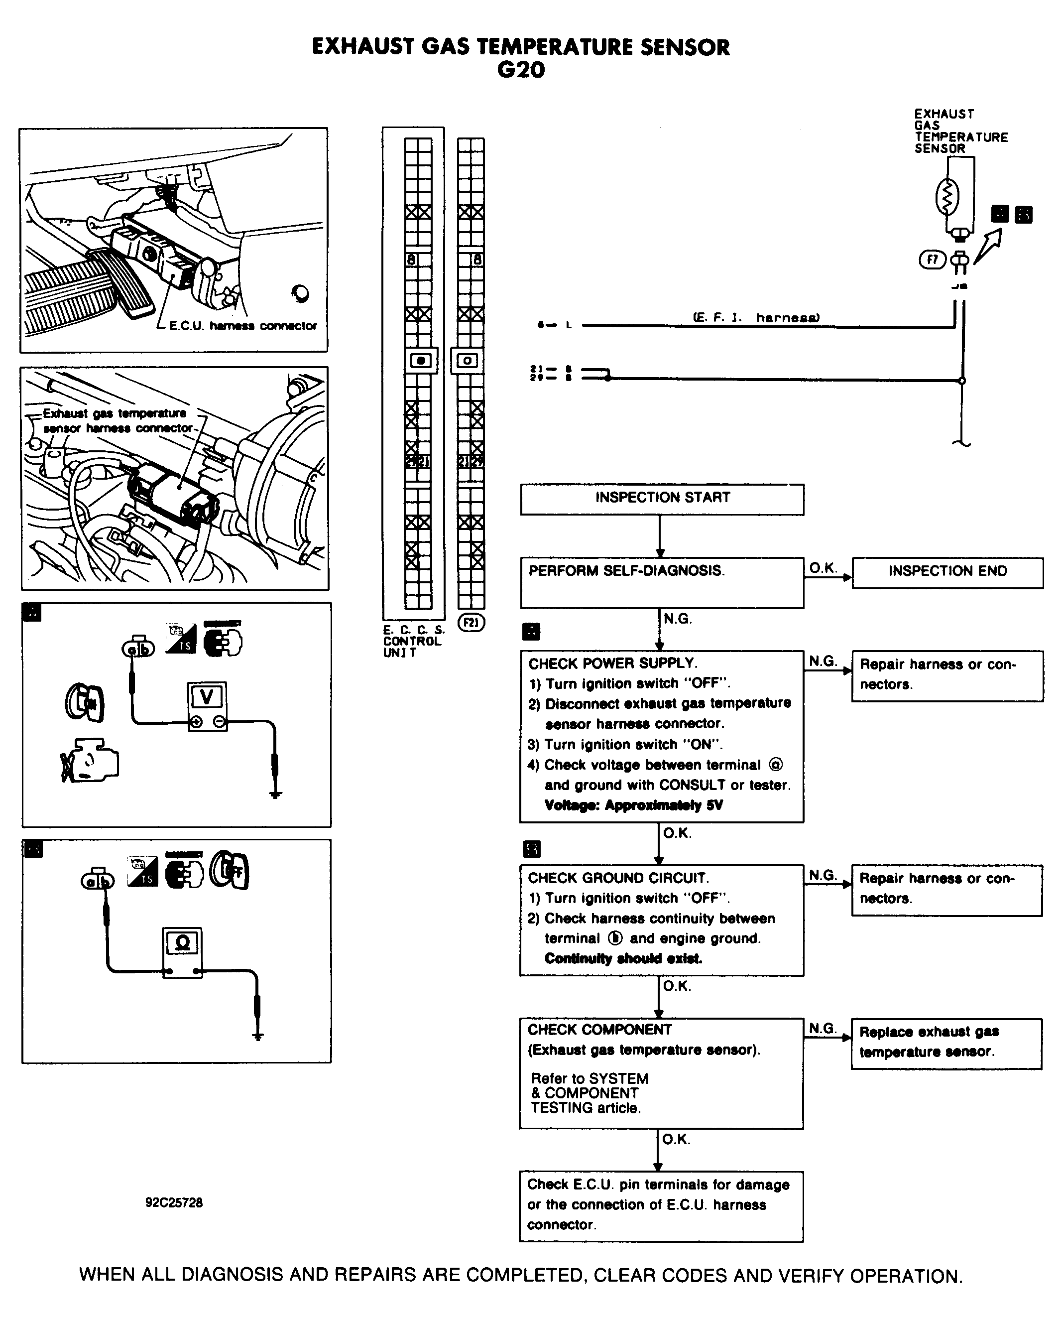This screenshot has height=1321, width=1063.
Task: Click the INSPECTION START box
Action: pos(662,499)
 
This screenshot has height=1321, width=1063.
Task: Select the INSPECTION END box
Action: pos(947,572)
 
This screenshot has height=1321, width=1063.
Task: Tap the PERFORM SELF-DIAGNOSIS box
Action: pos(661,582)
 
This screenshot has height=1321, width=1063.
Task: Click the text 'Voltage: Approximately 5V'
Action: pos(633,805)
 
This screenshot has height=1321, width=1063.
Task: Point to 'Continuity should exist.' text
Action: pos(623,958)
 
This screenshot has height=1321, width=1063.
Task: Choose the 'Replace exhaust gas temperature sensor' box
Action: pos(946,1044)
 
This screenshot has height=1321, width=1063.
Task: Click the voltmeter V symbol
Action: pos(207,697)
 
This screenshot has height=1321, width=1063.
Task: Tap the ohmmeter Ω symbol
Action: pos(182,943)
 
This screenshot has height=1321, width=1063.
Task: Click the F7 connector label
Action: pos(933,260)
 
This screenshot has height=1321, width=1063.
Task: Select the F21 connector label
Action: pos(471,623)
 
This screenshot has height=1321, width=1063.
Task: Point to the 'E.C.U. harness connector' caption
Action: pos(243,326)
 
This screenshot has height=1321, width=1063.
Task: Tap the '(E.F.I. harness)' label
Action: pos(756,317)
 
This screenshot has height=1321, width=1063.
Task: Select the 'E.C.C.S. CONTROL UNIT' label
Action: pos(413,641)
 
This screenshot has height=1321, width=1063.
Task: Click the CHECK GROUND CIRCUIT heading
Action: pos(618,878)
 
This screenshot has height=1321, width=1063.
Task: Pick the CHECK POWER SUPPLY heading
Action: pos(613,663)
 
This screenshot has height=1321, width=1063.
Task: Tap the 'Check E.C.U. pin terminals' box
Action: pos(661,1206)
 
